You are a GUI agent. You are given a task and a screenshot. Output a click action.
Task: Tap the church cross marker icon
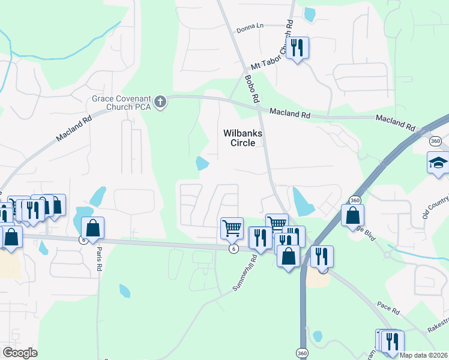tap(160, 102)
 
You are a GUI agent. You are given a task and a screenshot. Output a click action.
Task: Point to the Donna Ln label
tap(250, 27)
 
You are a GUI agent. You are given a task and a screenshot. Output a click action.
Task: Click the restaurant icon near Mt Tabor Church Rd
tap(297, 47)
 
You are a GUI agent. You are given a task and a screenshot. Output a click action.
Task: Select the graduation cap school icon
tap(438, 163)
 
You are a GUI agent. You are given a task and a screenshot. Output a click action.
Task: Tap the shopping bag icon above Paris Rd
tap(92, 228)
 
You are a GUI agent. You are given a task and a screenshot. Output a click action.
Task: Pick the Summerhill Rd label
tap(246, 274)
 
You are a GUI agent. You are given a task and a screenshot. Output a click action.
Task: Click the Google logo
tap(20, 353)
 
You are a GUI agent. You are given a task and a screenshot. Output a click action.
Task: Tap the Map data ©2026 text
tap(424, 355)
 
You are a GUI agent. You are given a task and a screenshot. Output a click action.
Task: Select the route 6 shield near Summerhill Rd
tap(234, 249)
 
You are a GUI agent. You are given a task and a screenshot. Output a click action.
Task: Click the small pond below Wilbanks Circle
tap(202, 163)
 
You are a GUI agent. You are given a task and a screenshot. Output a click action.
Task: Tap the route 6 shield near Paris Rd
tap(83, 239)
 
